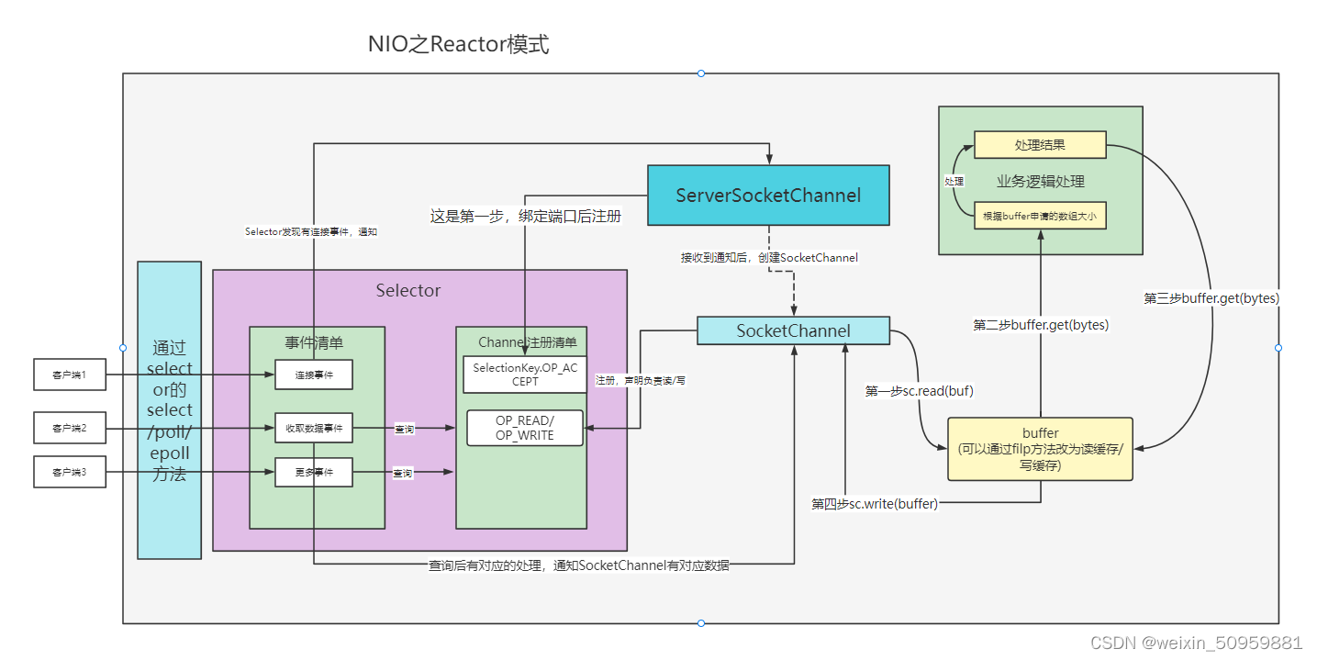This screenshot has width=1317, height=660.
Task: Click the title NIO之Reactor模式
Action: tap(458, 44)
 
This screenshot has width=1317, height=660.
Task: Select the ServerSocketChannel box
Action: tap(768, 196)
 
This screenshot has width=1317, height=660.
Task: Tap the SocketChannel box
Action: tap(793, 330)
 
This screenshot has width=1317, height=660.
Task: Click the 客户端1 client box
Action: tap(69, 375)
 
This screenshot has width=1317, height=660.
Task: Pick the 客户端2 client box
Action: tap(69, 428)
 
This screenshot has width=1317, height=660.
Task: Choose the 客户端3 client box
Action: tap(69, 472)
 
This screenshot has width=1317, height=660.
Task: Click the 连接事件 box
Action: tap(313, 375)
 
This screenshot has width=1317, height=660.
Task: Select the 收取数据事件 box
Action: tap(313, 428)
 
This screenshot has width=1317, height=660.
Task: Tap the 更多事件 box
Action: tap(313, 472)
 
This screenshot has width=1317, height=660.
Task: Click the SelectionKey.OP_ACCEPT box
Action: tap(525, 374)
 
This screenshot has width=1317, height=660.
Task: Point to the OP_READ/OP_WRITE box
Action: tap(525, 428)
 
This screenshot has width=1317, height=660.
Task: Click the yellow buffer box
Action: tap(1040, 449)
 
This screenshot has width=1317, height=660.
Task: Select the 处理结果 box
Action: tap(1040, 145)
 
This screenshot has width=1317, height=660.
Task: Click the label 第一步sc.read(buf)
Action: tap(919, 391)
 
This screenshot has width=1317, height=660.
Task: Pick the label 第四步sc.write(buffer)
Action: tap(875, 503)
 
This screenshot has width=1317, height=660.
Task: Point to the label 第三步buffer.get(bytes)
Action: tap(1211, 298)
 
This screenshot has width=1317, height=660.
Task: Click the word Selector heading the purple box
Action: tap(408, 290)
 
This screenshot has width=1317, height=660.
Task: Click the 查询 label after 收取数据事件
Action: tap(403, 429)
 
